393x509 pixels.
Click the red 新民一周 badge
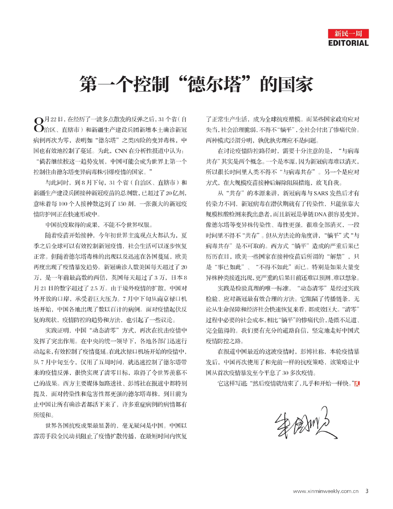click(348, 33)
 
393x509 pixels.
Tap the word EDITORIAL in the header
click(348, 43)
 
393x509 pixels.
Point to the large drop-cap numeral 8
click(38, 124)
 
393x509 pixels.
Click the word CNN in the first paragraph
click(121, 151)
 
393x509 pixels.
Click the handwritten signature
click(305, 422)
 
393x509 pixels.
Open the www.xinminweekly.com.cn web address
click(326, 491)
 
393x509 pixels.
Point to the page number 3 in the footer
click(367, 491)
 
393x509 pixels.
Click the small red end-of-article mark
click(357, 384)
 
